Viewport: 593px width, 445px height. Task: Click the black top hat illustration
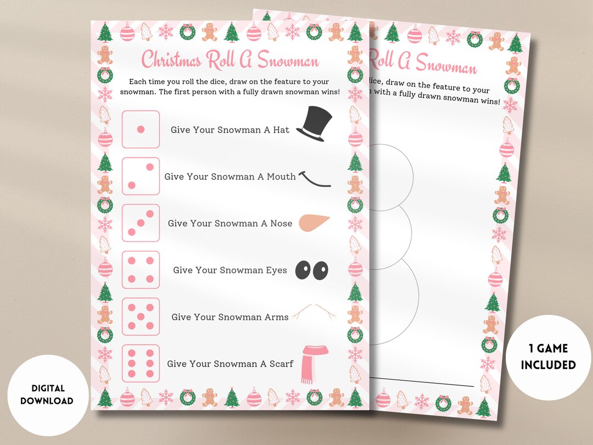[x=315, y=125]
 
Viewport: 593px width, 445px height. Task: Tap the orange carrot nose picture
[x=315, y=222]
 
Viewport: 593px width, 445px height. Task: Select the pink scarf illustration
[x=314, y=363]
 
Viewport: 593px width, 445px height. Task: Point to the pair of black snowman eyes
[x=311, y=270]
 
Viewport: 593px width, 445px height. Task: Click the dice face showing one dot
[x=141, y=129]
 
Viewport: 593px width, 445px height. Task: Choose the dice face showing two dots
[x=141, y=176]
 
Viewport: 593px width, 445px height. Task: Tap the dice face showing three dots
[x=141, y=223]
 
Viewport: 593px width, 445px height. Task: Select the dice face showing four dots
[x=141, y=270]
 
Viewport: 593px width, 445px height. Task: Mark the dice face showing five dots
[x=141, y=316]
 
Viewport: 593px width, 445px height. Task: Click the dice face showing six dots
[x=141, y=363]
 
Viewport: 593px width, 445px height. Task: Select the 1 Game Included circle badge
[x=548, y=357]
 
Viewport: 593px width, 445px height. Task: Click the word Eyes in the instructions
[x=276, y=270]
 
